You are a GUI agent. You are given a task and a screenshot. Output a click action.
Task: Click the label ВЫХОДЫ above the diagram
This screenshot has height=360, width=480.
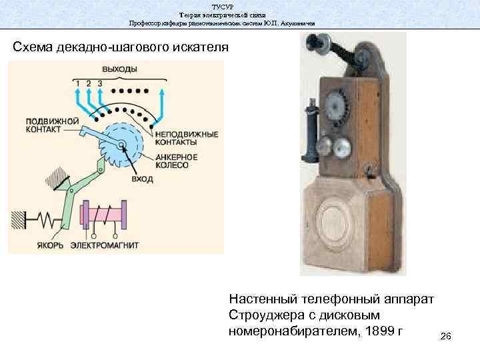(x=120, y=69)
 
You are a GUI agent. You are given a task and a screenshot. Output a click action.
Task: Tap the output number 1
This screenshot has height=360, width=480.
(x=77, y=83)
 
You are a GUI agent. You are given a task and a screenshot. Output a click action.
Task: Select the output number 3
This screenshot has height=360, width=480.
(x=100, y=83)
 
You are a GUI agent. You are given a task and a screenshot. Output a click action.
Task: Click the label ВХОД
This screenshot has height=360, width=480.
(x=143, y=179)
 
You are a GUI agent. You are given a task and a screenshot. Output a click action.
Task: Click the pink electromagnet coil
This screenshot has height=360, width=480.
(x=103, y=214)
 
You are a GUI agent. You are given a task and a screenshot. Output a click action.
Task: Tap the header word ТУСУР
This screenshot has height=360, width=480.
(x=222, y=6)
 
